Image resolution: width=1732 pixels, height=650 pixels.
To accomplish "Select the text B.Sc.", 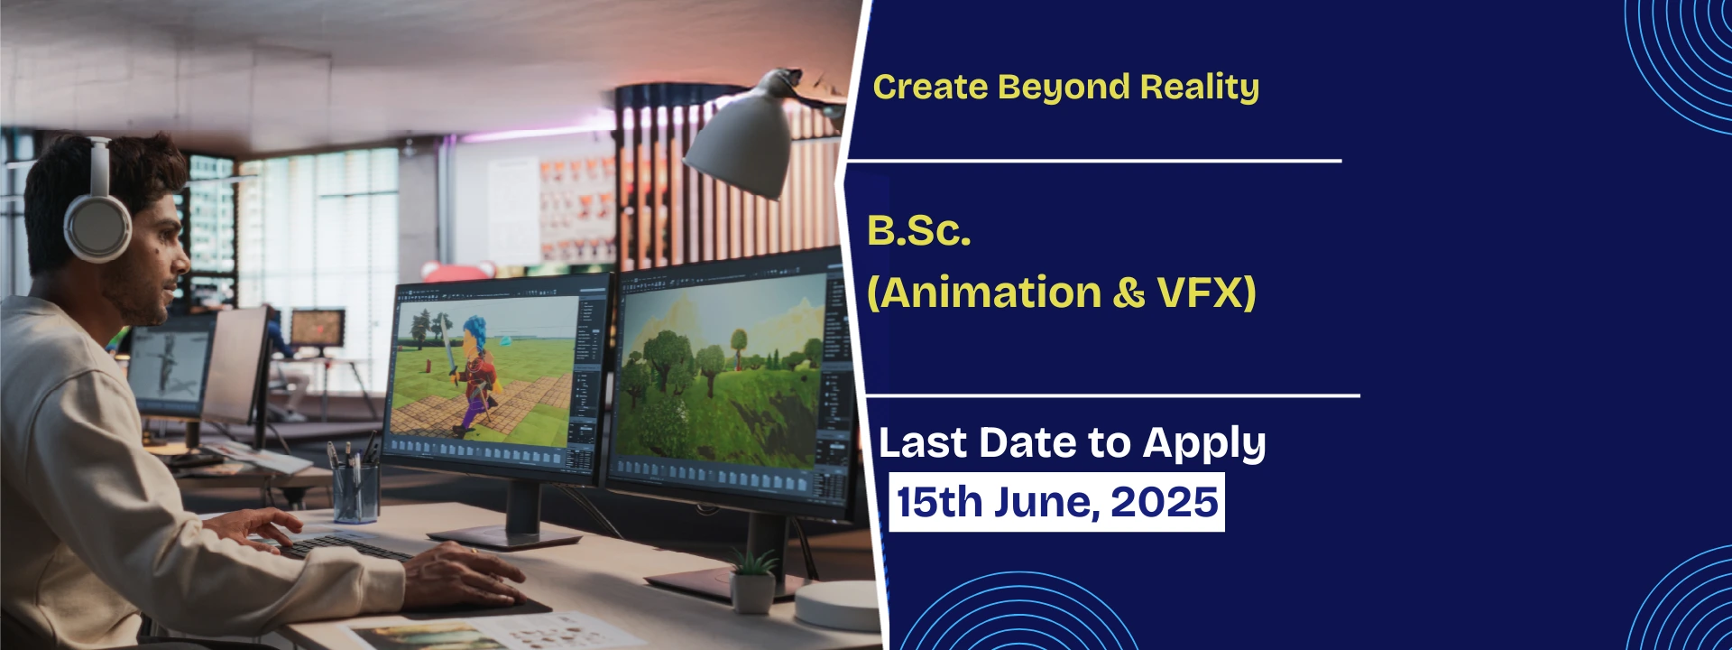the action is pyautogui.click(x=918, y=231).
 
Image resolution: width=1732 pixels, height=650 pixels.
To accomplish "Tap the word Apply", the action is pyautogui.click(x=1204, y=444).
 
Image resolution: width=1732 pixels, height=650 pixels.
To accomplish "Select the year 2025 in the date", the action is pyautogui.click(x=1165, y=502).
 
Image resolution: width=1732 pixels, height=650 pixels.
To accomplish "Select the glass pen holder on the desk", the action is pyautogui.click(x=356, y=492).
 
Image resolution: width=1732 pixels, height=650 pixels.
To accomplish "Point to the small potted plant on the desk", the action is pyautogui.click(x=753, y=580).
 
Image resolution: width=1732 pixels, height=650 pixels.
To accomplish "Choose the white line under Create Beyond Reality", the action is pyautogui.click(x=1093, y=161).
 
